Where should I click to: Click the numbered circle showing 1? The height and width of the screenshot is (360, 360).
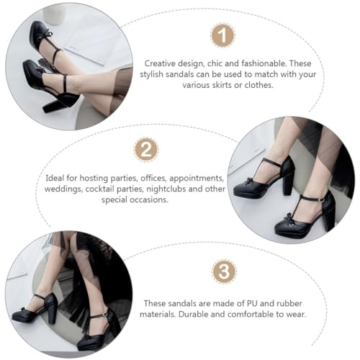coord(222,35)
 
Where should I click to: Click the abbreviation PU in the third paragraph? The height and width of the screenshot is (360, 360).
coord(229,303)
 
